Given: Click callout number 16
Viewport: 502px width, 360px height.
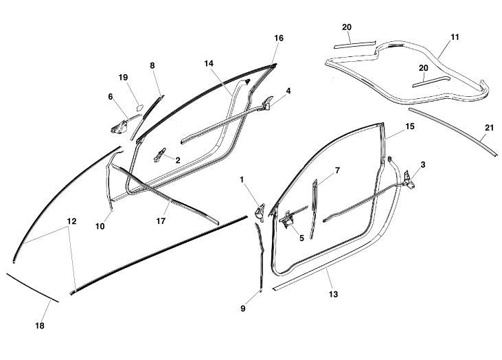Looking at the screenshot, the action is [279, 38].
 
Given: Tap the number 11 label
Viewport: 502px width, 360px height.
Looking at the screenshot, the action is [455, 37].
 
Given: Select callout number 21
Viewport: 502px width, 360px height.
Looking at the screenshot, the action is [489, 128].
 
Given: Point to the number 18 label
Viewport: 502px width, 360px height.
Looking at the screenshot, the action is [40, 326].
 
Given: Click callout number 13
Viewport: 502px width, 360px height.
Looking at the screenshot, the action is [333, 294].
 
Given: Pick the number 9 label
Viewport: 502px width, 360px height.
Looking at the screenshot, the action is [243, 308].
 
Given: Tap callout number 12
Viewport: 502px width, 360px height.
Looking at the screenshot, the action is [71, 221].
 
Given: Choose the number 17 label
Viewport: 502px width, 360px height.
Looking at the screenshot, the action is [161, 221].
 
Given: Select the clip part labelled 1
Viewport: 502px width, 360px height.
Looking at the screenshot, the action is [260, 212].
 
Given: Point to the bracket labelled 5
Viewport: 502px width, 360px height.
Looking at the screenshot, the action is [287, 220].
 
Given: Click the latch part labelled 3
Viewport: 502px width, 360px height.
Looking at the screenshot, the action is [409, 180].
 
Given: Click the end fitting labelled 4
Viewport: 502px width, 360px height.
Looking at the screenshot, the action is [268, 103].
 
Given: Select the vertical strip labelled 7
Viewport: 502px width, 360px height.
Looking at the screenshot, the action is [314, 210].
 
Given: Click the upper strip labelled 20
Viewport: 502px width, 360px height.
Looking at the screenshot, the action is [355, 44].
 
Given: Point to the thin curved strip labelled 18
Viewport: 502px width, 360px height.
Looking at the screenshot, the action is [32, 288].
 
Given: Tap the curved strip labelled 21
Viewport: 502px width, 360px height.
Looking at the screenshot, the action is [453, 131].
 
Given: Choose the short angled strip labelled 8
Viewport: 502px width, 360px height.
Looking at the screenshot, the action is [147, 117].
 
